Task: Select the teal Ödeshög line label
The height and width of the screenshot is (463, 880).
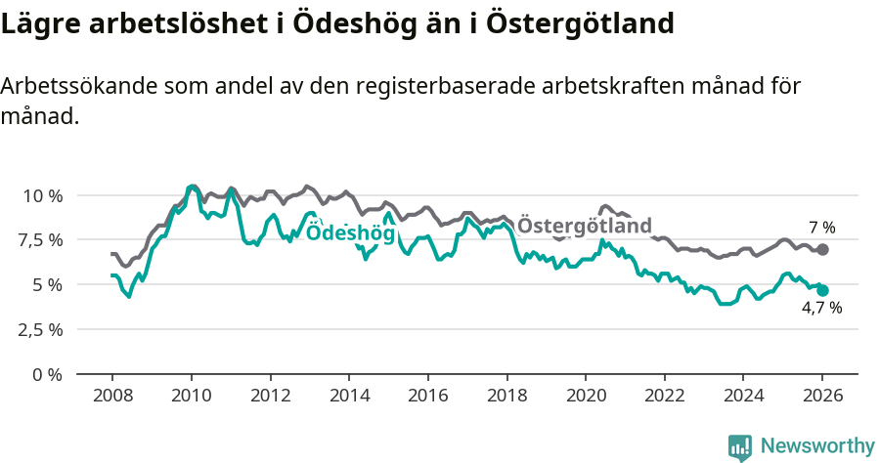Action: coord(350,233)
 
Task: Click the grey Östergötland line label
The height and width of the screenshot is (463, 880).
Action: coord(584,227)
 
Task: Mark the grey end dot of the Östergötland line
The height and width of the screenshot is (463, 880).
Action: coord(822,250)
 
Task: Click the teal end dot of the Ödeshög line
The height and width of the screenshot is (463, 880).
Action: coord(822,290)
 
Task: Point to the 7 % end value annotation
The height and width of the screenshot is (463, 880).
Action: coord(821,228)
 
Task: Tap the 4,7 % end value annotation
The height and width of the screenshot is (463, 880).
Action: coord(821,308)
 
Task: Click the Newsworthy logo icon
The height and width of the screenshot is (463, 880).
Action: coord(740,446)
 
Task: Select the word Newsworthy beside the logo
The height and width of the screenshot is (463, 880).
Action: coord(817,446)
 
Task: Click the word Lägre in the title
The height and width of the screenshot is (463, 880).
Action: coord(36,23)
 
